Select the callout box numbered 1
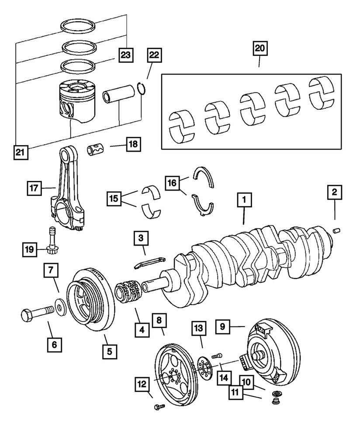(x=244, y=201)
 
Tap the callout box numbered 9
(x=222, y=326)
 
